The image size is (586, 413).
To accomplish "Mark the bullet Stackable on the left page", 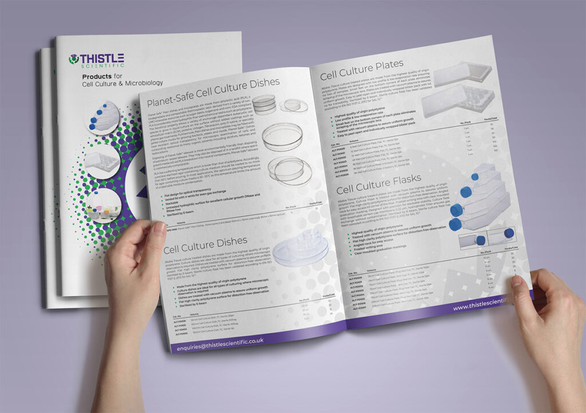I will click(172, 203).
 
